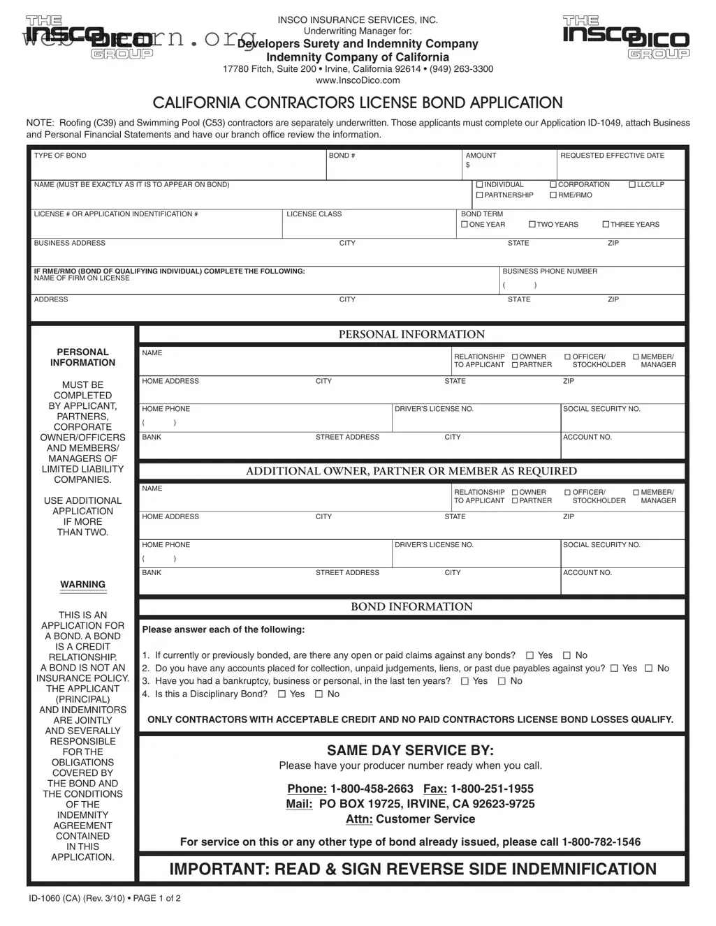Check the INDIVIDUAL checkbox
(x=480, y=185)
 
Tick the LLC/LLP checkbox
(x=632, y=185)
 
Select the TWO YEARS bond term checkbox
(x=532, y=225)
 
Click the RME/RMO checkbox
(x=553, y=195)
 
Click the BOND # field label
(x=342, y=156)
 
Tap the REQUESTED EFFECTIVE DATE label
(x=612, y=156)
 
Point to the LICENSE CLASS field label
(x=314, y=214)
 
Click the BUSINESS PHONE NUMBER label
(x=550, y=271)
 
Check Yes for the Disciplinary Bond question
(x=282, y=694)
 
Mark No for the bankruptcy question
(x=502, y=681)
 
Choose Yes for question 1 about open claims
(x=529, y=655)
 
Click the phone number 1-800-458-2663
(x=371, y=789)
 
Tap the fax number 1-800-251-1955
(x=492, y=789)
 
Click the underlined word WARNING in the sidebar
(x=82, y=585)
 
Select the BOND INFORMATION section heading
(x=411, y=606)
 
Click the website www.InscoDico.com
(x=358, y=80)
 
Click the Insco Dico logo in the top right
(x=626, y=38)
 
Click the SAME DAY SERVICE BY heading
(x=410, y=750)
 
